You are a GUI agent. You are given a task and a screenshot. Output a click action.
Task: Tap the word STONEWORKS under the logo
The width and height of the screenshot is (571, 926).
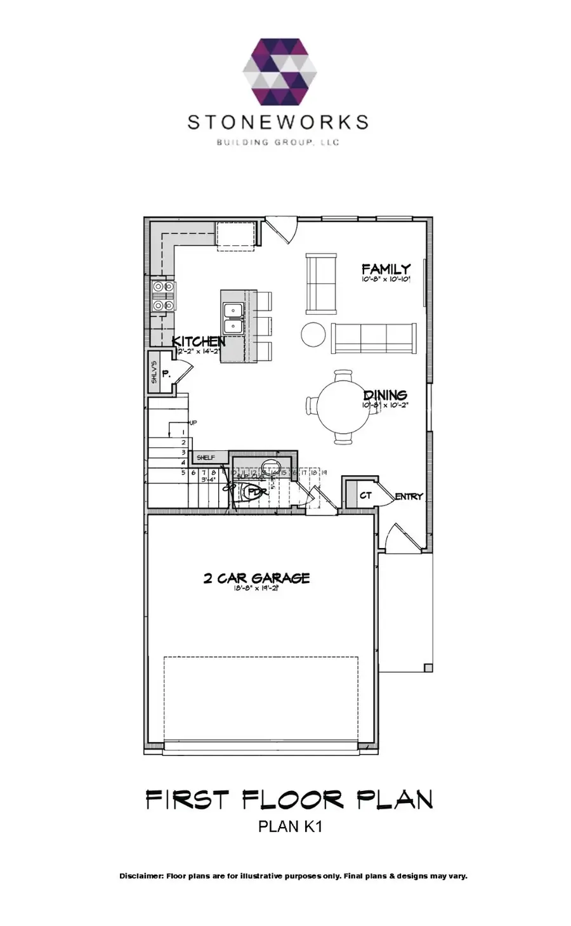(x=277, y=122)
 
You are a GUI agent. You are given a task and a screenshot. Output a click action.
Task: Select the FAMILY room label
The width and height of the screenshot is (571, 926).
(x=386, y=269)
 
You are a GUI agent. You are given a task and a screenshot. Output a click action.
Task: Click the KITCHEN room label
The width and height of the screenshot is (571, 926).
(x=199, y=341)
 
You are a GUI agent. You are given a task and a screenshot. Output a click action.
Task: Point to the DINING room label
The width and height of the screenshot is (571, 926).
(x=384, y=396)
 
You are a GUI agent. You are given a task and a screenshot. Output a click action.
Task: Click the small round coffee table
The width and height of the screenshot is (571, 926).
(x=313, y=334)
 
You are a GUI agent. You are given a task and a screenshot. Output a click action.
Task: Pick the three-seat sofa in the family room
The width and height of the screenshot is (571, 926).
(x=372, y=337)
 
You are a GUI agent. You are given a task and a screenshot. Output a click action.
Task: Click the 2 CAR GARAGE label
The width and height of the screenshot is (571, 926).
(x=256, y=578)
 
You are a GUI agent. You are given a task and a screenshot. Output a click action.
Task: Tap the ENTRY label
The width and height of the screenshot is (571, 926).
(x=409, y=497)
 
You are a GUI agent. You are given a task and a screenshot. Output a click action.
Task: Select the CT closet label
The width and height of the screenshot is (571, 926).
(x=365, y=495)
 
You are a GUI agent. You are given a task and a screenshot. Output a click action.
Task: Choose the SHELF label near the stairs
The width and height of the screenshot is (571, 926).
(x=205, y=457)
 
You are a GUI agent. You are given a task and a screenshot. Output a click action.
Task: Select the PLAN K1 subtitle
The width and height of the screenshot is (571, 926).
(x=290, y=826)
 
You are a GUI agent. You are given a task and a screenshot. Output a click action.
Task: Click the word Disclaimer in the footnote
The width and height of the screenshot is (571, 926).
(x=141, y=876)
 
